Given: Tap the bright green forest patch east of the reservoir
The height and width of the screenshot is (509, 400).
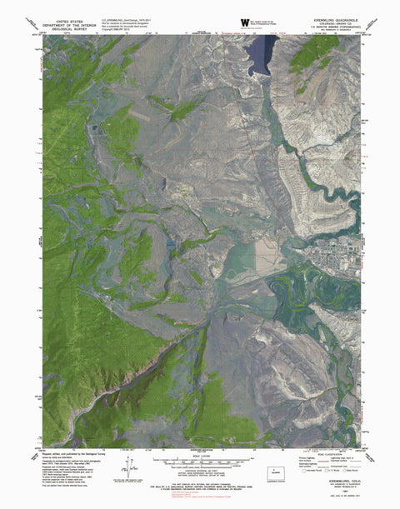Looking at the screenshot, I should click(312, 54).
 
